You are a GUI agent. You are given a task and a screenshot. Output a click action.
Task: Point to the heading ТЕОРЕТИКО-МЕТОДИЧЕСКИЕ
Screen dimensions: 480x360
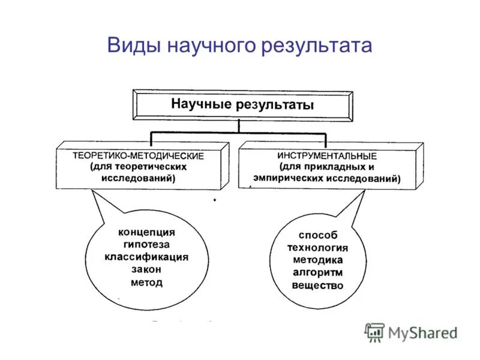(139, 155)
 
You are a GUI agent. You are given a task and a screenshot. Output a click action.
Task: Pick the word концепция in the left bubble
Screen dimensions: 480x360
(146, 232)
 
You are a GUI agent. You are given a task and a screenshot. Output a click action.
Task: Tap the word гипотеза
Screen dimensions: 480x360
(146, 245)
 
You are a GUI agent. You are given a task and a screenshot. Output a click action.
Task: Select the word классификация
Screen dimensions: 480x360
(146, 257)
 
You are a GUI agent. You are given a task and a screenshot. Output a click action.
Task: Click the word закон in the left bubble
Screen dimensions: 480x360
(146, 270)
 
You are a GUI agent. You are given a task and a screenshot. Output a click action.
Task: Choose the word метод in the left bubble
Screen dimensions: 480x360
(146, 283)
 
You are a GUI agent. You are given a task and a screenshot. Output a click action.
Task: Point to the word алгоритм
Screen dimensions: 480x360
(318, 272)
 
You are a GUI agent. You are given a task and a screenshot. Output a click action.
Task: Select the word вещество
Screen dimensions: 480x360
(318, 286)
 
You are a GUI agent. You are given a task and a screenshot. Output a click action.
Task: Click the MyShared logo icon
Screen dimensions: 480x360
(375, 332)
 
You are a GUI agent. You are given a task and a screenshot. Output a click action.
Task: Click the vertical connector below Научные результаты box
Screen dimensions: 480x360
(239, 125)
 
